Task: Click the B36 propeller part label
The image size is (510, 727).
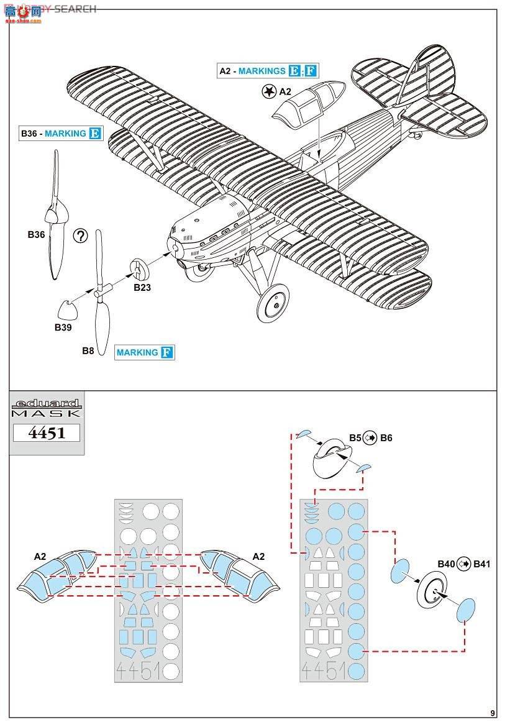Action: click(36, 235)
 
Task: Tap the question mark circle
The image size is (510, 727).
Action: click(81, 235)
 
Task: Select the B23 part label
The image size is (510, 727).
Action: click(142, 287)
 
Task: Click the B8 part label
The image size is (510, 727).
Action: click(88, 350)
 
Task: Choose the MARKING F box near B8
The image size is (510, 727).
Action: click(144, 352)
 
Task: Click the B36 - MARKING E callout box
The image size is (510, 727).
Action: click(60, 133)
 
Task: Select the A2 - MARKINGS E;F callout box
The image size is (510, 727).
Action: click(268, 71)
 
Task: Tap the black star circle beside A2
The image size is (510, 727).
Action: click(268, 91)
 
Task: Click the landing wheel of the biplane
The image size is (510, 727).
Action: click(273, 303)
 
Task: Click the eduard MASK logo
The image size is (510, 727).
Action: click(47, 408)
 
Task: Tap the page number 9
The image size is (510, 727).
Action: click(493, 713)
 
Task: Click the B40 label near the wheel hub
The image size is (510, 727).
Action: click(446, 564)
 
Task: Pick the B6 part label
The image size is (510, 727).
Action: click(386, 438)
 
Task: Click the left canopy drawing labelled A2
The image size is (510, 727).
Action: click(57, 574)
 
